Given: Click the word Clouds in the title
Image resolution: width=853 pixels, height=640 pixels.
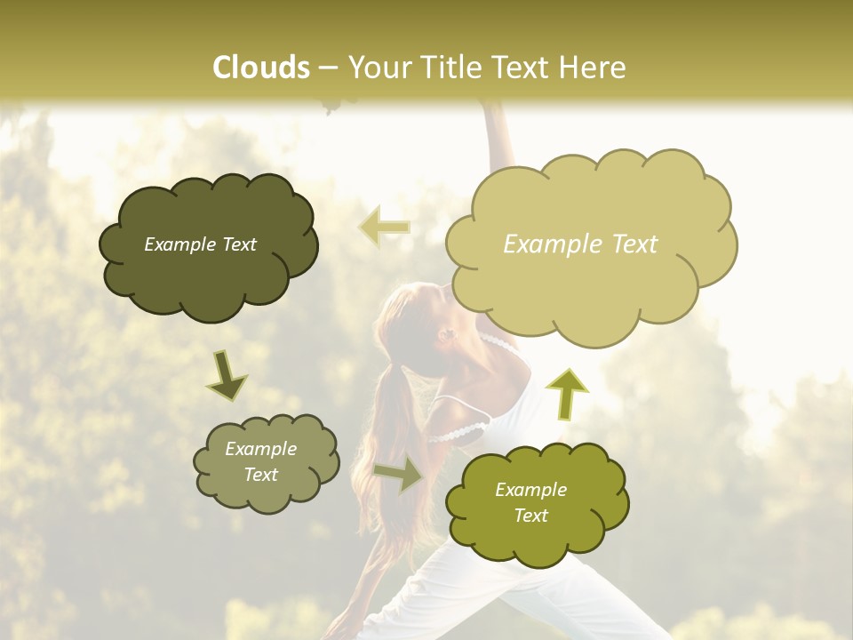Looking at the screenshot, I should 260,68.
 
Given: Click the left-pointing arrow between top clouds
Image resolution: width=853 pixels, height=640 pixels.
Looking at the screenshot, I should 385,227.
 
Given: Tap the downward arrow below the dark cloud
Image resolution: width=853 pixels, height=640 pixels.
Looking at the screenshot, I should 227,376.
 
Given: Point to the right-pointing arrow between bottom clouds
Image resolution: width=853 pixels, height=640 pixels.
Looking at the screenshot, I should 399,474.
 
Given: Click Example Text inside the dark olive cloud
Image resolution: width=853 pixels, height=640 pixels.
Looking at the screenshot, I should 200,244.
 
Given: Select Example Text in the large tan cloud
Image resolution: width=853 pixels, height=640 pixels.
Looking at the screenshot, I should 580,244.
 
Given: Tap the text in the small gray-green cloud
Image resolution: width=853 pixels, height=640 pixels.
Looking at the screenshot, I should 260,461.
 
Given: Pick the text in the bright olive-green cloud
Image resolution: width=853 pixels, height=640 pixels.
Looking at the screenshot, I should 530,502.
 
